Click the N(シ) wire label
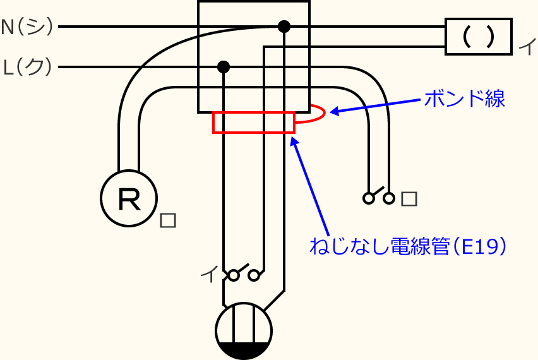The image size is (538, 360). point(28,27)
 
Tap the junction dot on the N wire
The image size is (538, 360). point(284,27)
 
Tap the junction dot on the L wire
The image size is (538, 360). point(223,66)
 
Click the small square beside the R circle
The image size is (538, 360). point(168,220)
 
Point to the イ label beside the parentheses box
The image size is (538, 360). point(525,47)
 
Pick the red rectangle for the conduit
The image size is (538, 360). point(254,123)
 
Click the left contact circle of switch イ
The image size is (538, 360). point(234,275)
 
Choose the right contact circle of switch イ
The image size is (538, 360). point(254,275)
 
